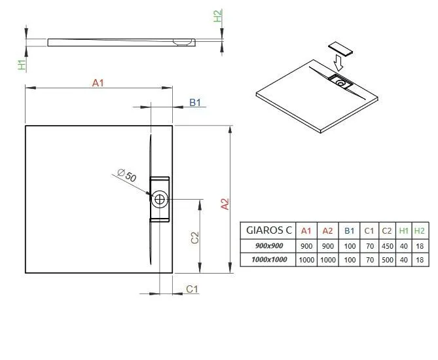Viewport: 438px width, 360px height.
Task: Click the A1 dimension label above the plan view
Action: (x=98, y=83)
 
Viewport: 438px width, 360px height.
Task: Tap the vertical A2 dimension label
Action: (x=225, y=204)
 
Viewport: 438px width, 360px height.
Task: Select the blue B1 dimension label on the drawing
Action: (x=195, y=103)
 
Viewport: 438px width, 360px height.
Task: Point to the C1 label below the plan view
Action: (x=192, y=289)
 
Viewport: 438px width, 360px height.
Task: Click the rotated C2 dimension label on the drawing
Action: (x=194, y=238)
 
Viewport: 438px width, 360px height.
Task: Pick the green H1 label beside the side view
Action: (x=22, y=64)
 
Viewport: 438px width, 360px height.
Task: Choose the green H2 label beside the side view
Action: (x=217, y=16)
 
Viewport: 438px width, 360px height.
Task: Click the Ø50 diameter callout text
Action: (x=127, y=175)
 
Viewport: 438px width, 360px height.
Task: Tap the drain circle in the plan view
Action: (x=160, y=200)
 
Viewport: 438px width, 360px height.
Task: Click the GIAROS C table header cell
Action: (x=268, y=230)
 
